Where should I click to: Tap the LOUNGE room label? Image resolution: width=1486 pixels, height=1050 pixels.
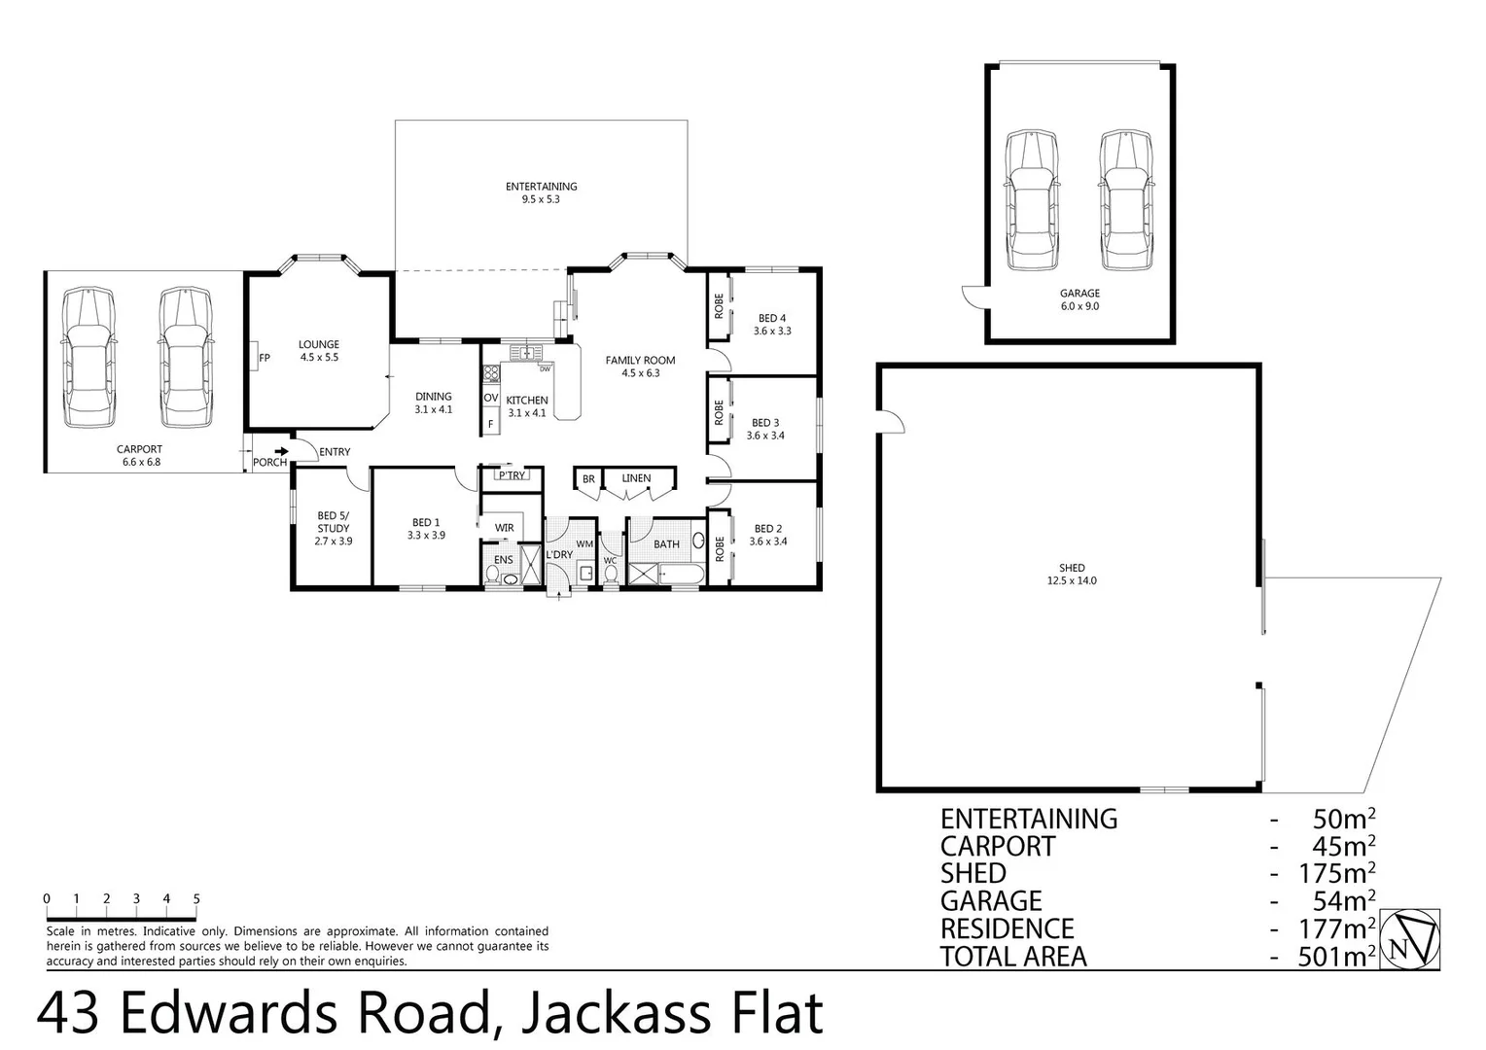click(318, 351)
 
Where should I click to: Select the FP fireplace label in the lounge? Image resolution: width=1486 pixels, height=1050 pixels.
click(264, 358)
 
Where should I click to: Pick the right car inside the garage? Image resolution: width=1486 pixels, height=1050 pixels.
click(1125, 201)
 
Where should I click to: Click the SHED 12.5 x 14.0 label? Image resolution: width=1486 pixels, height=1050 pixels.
click(1072, 575)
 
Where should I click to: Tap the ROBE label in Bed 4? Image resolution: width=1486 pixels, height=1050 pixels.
click(719, 307)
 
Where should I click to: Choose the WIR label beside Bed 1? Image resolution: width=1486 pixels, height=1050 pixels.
click(504, 528)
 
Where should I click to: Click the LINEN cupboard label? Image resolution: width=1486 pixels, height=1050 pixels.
click(636, 478)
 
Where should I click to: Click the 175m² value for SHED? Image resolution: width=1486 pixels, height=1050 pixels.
click(1336, 874)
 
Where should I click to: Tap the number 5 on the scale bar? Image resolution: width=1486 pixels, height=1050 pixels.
click(196, 899)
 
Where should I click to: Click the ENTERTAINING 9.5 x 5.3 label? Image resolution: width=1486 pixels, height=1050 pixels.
click(541, 192)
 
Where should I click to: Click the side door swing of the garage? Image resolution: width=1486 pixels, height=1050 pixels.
click(973, 297)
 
